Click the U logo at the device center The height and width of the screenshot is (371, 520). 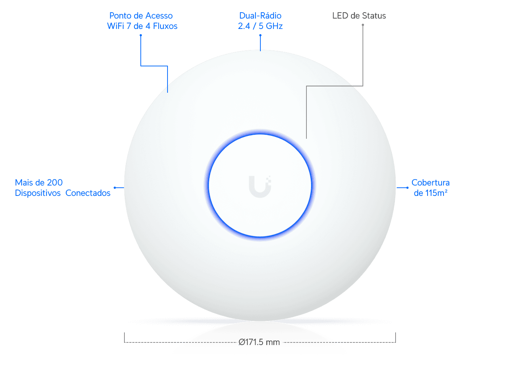tap(259, 186)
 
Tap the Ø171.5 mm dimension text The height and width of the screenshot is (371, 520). tap(259, 342)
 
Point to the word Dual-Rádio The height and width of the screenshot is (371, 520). tap(260, 16)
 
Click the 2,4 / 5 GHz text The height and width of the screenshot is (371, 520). tap(260, 26)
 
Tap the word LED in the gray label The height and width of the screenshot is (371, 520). tap(340, 16)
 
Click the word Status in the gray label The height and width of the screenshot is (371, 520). tap(374, 16)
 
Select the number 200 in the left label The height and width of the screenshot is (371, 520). tap(55, 183)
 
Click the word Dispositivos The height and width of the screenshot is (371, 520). tap(38, 193)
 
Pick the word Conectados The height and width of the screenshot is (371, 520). tap(88, 193)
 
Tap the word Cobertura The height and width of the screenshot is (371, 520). tap(430, 183)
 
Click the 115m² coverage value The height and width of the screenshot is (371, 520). tap(436, 193)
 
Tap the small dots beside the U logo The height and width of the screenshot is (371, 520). tap(269, 179)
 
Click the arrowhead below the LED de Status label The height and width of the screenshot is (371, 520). tap(363, 25)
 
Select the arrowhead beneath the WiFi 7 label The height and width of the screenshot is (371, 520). tap(141, 35)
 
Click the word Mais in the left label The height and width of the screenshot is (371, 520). tap(23, 183)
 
